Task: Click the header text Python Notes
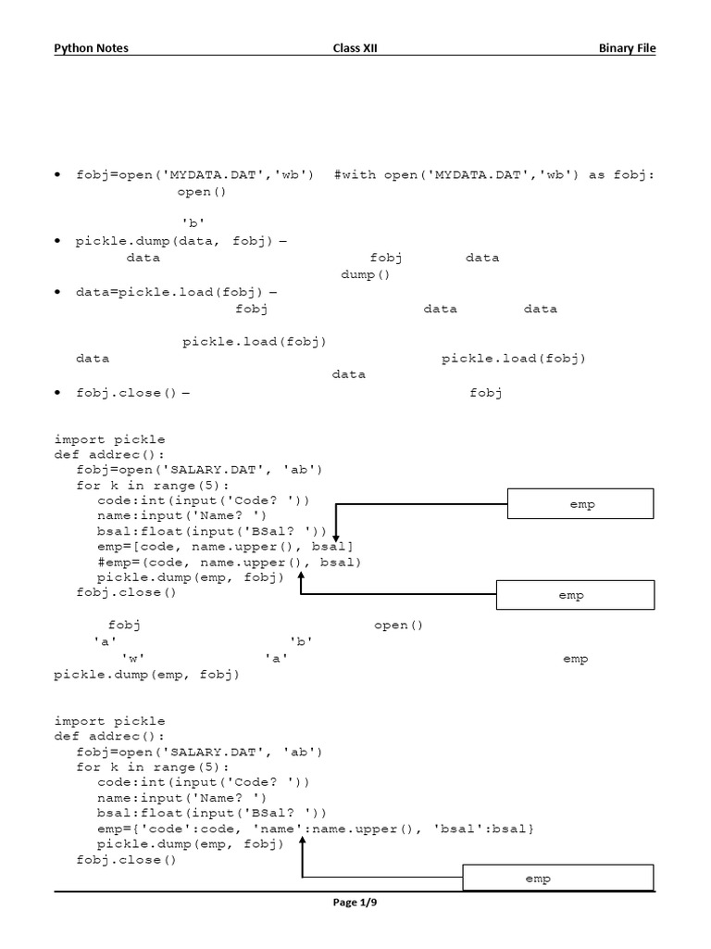(91, 48)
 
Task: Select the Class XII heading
(355, 48)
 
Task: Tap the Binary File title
(627, 48)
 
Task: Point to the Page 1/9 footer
(355, 903)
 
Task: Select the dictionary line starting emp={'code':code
(315, 827)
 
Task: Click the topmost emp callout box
(581, 504)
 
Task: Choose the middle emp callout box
(575, 595)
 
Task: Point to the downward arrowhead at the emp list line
(336, 538)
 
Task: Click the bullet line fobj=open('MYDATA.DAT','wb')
(194, 174)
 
